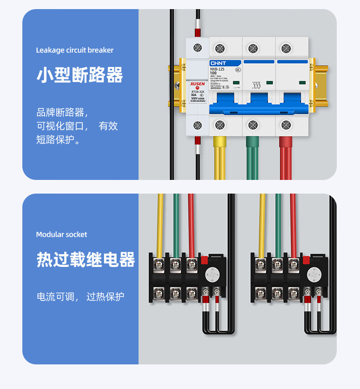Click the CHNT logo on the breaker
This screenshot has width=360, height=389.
click(x=218, y=63)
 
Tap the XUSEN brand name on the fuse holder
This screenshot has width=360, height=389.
click(x=197, y=84)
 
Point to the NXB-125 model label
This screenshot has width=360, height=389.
click(x=218, y=69)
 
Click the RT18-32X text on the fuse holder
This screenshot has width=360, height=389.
click(x=197, y=92)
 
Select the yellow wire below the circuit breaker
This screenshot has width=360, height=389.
click(x=220, y=157)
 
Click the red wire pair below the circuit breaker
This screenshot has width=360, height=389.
click(x=286, y=157)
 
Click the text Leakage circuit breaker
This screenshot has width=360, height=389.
click(x=75, y=50)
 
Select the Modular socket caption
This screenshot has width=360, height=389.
click(x=62, y=235)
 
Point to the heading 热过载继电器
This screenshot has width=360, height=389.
click(x=86, y=260)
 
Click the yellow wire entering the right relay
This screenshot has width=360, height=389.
click(x=262, y=223)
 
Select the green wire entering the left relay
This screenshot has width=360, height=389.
click(x=176, y=223)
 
